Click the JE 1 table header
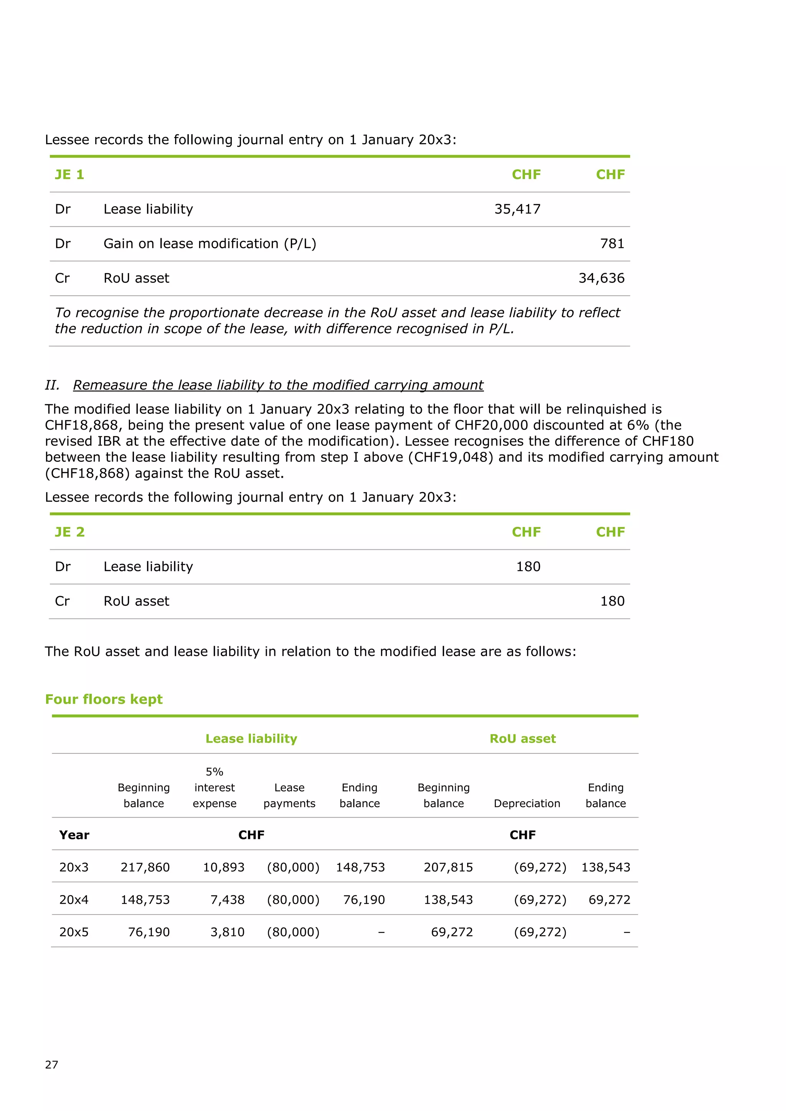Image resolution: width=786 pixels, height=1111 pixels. point(69,175)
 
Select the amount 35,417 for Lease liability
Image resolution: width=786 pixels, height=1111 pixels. point(517,209)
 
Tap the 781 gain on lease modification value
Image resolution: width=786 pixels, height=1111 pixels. point(612,243)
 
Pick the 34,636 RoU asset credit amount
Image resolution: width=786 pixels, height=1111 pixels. point(601,278)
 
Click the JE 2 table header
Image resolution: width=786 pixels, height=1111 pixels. point(69,532)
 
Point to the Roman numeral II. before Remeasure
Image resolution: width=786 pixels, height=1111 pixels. point(52,385)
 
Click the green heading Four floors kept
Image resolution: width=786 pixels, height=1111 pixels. point(104,699)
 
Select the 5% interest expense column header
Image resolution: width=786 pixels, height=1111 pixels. point(215,787)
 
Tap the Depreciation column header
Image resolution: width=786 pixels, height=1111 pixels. point(527,803)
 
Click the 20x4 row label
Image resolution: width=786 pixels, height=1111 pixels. point(74,900)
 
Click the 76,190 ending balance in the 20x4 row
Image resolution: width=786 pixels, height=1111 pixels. point(363,900)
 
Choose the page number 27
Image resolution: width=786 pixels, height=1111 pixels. point(51,1065)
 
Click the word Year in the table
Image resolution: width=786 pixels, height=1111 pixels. point(74,835)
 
